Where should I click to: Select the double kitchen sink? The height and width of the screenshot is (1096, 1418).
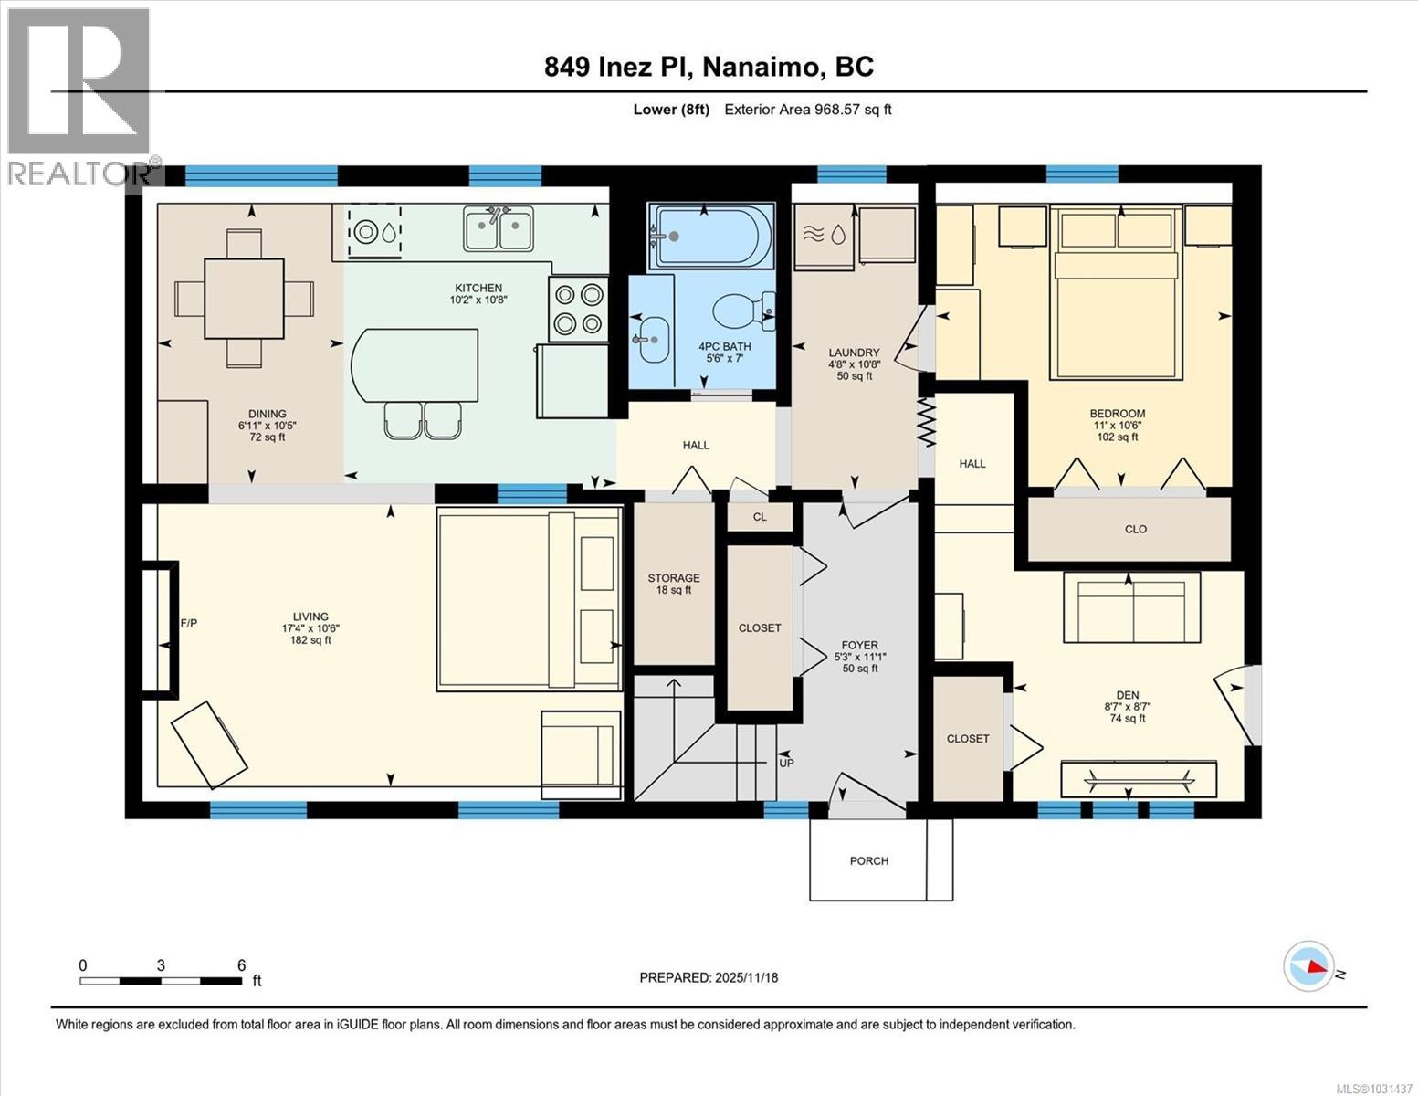tap(498, 228)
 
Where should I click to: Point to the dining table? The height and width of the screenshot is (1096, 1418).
tap(244, 299)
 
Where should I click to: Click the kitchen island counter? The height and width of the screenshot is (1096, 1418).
tap(415, 365)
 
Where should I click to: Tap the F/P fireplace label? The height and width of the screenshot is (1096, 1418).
tap(189, 623)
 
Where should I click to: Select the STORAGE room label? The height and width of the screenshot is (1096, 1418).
tap(674, 578)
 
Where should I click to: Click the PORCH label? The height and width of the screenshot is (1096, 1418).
tap(868, 860)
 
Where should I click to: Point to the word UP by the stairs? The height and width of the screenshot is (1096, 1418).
tap(785, 763)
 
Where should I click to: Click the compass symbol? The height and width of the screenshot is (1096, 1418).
tap(1308, 965)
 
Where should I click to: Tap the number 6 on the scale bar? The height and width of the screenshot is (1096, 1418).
tap(241, 964)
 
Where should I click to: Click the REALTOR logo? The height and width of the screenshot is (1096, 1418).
tap(80, 96)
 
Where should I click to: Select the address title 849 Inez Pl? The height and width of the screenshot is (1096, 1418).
tap(709, 67)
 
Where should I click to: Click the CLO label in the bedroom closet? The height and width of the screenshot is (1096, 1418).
tap(1135, 529)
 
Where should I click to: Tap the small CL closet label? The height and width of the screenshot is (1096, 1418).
tap(760, 517)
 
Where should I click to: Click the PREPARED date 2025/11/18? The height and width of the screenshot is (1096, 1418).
tap(709, 977)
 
